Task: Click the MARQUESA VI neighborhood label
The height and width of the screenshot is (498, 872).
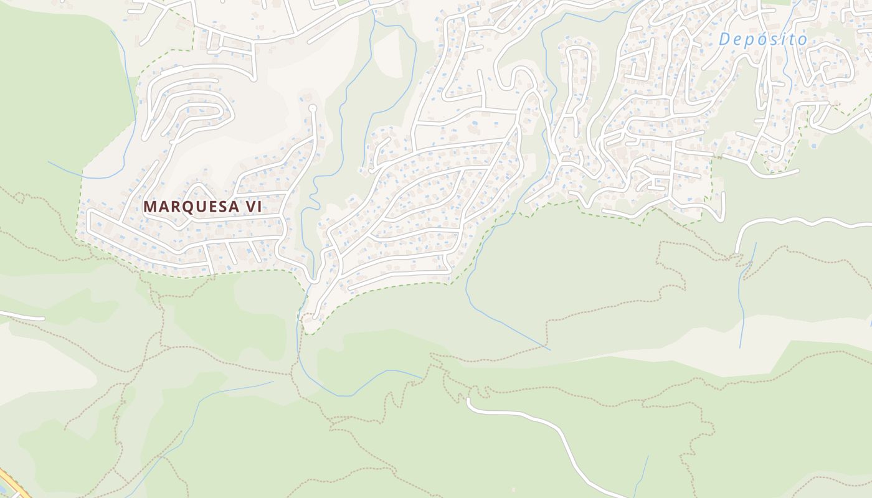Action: point(202,207)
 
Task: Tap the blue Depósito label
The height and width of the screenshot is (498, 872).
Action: point(763,39)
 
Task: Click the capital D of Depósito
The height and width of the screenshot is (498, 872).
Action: point(725,39)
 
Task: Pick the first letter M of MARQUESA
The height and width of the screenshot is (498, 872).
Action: point(150,207)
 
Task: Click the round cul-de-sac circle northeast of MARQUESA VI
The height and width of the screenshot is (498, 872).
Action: point(313,108)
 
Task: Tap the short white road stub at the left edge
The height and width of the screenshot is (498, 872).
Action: point(22,316)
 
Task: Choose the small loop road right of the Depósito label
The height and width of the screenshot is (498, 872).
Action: point(832,72)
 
